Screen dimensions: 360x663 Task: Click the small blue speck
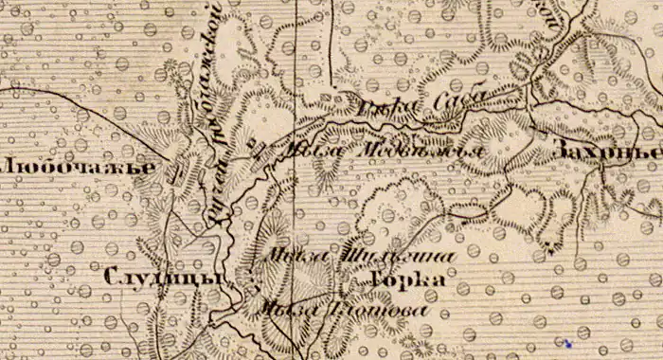point(566,343)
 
